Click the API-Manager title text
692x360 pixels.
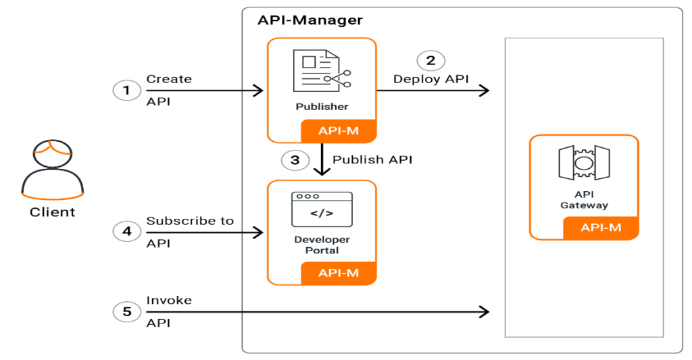point(310,20)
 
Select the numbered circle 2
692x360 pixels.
point(430,60)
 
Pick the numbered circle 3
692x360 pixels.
point(295,160)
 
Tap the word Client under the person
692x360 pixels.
point(52,212)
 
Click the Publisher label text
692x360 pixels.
point(322,107)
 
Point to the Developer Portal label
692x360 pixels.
point(322,245)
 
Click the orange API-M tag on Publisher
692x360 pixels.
point(339,131)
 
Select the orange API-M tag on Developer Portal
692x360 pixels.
point(339,273)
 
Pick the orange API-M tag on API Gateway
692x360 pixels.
point(601,228)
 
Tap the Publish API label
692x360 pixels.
point(372,160)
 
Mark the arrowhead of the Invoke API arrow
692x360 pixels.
point(484,311)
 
